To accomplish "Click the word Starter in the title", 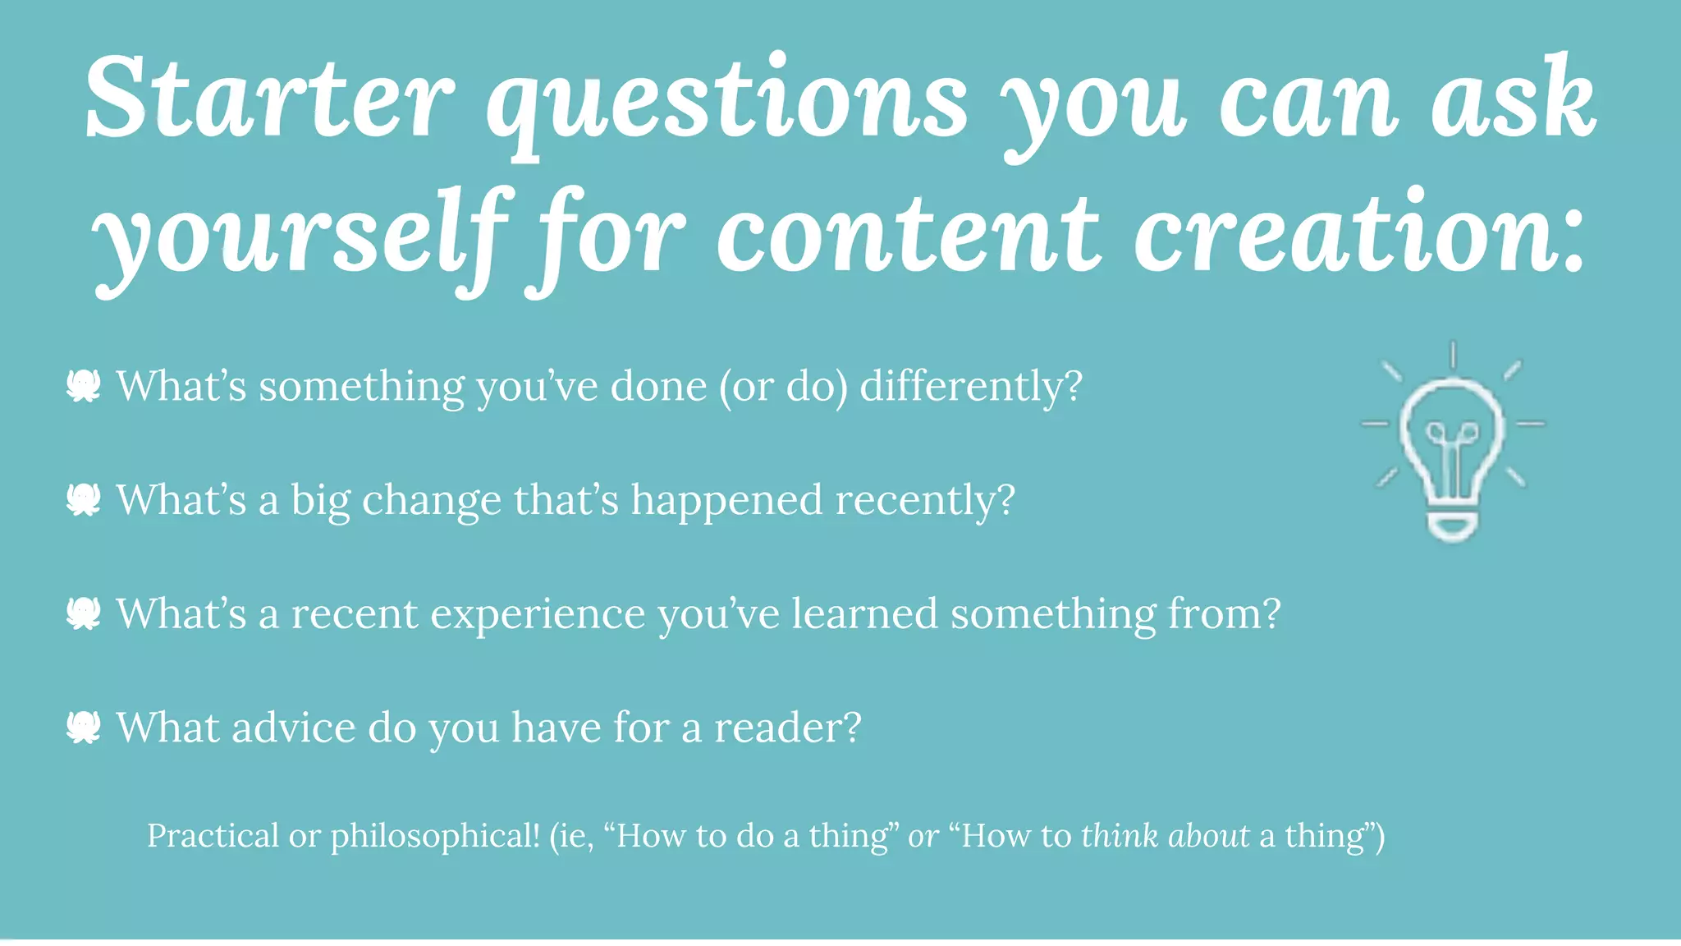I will (269, 99).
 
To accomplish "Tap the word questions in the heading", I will (727, 103).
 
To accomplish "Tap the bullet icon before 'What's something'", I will (84, 386).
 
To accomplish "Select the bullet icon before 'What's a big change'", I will (84, 499).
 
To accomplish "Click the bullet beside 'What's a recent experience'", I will (84, 613).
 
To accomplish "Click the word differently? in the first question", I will (971, 386).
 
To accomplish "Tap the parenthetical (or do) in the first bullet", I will (784, 386).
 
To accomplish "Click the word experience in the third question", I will (538, 614).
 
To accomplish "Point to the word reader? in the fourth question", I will (787, 728).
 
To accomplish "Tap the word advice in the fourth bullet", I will (293, 728).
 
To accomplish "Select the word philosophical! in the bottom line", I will (435, 836).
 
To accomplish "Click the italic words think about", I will (1165, 836).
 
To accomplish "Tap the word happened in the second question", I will (726, 499).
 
